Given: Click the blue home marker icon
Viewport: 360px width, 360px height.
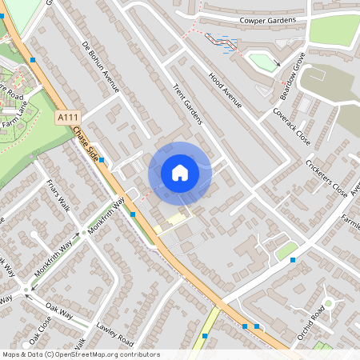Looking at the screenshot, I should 180,173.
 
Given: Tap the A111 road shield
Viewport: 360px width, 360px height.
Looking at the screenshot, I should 68,117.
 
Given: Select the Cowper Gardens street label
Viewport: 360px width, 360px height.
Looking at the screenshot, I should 267,20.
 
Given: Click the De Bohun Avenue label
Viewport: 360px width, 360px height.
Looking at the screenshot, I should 101,66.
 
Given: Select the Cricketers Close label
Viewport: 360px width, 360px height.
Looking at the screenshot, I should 326,177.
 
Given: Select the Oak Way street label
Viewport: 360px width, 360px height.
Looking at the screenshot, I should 58,308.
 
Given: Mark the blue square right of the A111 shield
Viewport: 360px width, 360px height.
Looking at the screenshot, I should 102,160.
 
